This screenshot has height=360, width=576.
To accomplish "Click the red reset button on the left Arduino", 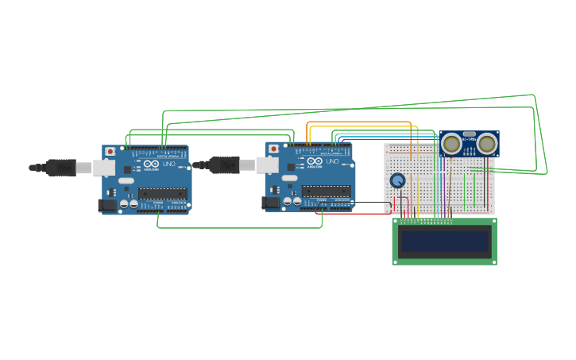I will (x=110, y=151).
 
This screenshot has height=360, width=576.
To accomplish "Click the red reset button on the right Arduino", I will (x=273, y=149).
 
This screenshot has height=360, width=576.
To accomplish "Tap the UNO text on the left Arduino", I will (x=168, y=165).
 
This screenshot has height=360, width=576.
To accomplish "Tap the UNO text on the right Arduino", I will (x=332, y=162).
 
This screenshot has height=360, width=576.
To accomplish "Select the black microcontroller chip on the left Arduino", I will (x=163, y=193).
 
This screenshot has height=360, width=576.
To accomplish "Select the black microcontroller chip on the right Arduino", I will (x=327, y=191).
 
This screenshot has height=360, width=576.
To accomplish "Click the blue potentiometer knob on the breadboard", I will (x=397, y=180).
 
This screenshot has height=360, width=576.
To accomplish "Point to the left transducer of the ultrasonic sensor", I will (x=452, y=144).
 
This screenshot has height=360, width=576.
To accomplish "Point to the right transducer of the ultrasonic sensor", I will (x=486, y=144).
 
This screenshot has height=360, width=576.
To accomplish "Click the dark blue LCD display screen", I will (x=445, y=242).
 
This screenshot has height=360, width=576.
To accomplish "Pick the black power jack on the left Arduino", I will (x=106, y=205).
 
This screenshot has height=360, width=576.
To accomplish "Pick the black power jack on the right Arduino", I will (x=271, y=203).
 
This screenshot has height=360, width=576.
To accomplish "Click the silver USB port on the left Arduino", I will (x=104, y=167).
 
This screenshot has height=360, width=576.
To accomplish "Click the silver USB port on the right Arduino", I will (x=268, y=165).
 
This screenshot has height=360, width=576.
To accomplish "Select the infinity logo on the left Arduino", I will (x=151, y=164).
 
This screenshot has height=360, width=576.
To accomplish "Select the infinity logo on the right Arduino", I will (x=315, y=161).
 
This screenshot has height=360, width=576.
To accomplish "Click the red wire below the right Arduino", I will (x=350, y=214).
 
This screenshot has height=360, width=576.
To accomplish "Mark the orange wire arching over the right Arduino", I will (x=358, y=122).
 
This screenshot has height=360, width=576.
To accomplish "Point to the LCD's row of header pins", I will (x=427, y=221).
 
